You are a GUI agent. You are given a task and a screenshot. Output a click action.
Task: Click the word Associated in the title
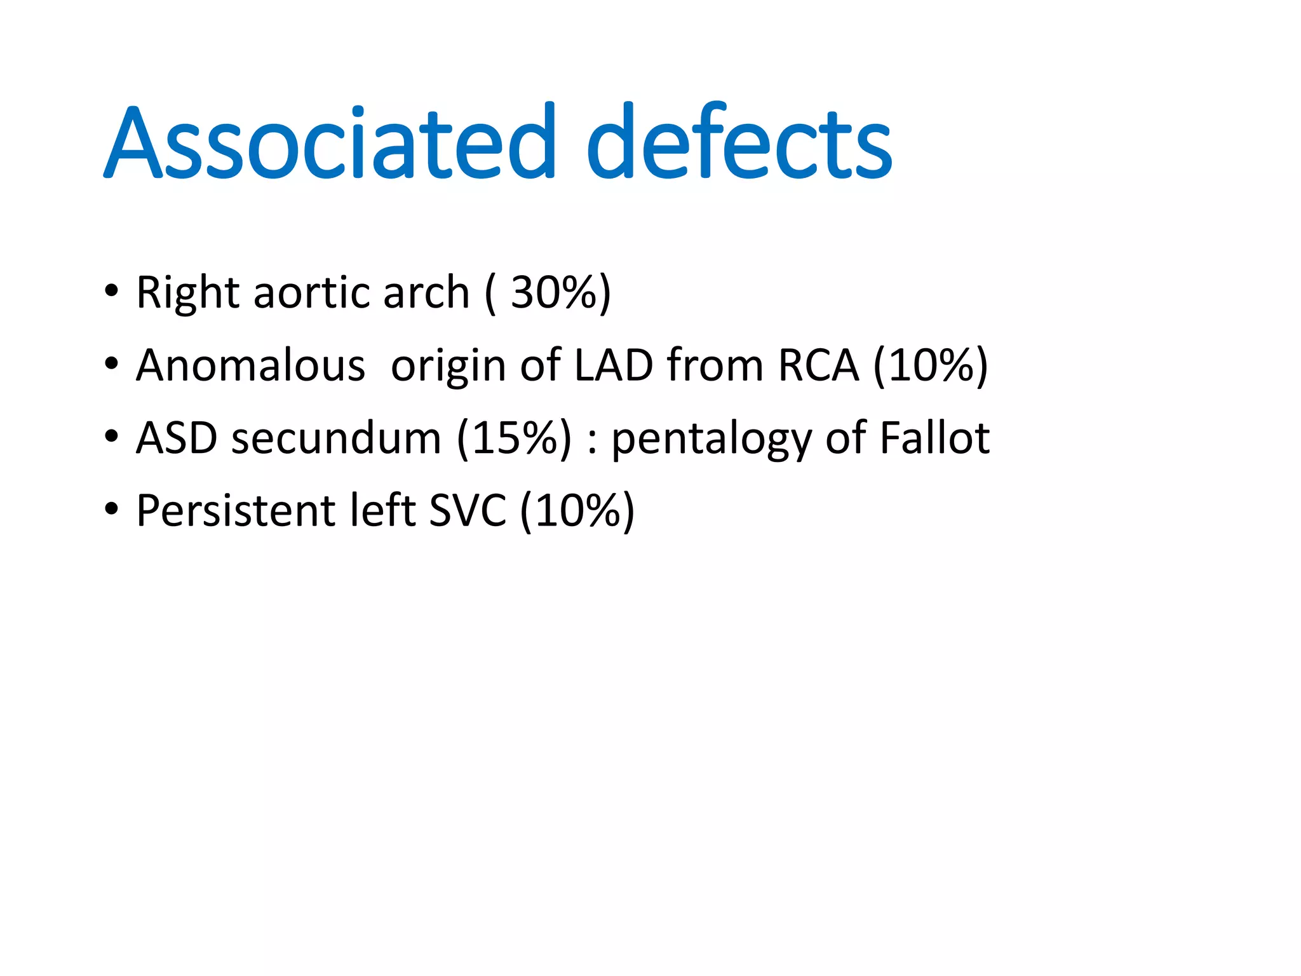tap(330, 142)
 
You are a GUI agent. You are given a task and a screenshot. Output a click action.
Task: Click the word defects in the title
tap(739, 142)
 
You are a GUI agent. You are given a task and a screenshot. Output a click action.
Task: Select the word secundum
tap(336, 438)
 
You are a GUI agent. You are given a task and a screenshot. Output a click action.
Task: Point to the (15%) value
tap(514, 438)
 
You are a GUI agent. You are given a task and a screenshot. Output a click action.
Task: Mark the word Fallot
tap(934, 438)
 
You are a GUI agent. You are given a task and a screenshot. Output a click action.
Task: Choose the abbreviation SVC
tap(468, 510)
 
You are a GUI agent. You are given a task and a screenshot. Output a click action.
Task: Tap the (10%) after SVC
tap(577, 510)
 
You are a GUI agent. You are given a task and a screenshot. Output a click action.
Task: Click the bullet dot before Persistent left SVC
tap(112, 509)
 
